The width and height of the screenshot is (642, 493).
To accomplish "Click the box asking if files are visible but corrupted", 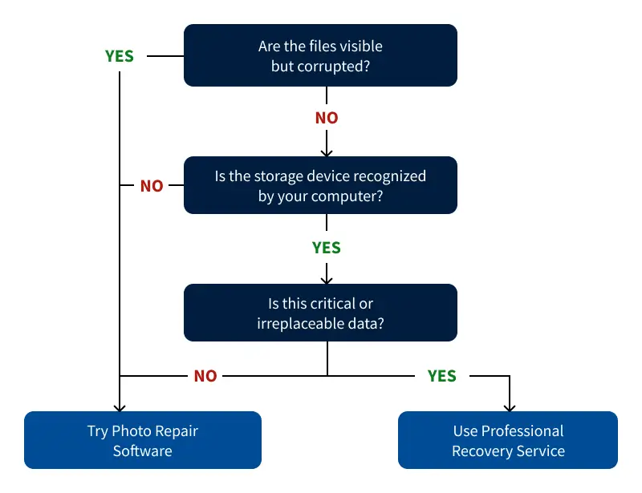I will pos(320,55).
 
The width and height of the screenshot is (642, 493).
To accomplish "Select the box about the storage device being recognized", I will pos(320,185).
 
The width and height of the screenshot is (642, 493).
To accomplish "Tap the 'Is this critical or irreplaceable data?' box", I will pos(320,313).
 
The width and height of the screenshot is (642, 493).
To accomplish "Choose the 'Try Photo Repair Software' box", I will pos(142,440).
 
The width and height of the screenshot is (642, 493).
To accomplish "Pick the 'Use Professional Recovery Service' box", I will pos(508,440).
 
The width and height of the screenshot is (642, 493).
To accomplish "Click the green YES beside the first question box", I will pos(120,56).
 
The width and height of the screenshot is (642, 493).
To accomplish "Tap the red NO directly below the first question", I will pos(327,118).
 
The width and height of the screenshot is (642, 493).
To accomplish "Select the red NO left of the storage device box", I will pos(152,186).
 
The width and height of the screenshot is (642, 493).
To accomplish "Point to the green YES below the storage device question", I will pos(327,248).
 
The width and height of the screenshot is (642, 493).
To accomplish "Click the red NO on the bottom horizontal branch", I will pos(205,376).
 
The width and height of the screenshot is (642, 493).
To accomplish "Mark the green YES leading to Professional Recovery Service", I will pos(442,376).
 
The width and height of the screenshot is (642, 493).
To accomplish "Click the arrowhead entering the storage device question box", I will pos(327,152).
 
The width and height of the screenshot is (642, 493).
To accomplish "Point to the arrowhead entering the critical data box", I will pos(327,280).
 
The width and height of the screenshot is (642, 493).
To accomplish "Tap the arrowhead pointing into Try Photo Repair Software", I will pos(120,407).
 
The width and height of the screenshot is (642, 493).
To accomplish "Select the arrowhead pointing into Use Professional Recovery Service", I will pos(508,407).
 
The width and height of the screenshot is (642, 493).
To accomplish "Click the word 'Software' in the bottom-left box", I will pos(142,451).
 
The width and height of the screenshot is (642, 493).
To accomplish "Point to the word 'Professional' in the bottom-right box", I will pos(522,431).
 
